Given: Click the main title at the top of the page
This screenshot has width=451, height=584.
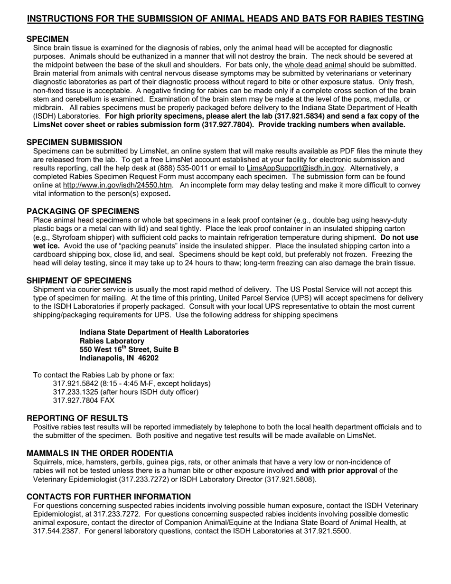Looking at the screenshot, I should coord(225,19).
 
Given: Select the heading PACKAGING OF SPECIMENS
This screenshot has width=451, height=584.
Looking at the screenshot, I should coord(83,211).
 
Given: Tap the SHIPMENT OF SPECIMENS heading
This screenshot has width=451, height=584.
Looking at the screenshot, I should coord(79,281).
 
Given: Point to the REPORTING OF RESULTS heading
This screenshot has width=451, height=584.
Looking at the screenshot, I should coord(77,418).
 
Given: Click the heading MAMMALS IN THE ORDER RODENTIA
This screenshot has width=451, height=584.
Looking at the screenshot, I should coord(100,453).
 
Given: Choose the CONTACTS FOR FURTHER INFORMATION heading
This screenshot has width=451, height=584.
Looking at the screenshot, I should coord(109,497).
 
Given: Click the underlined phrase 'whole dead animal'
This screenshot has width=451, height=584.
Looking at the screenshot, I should coord(315,65).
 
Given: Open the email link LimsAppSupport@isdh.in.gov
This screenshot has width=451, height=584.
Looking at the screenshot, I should coord(295,169).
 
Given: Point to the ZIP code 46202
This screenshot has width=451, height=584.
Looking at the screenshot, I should coord(148,358).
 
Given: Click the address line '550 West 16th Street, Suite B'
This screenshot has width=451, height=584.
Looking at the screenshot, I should coord(129,349).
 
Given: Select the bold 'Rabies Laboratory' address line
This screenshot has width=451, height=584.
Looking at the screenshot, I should coord(112,341).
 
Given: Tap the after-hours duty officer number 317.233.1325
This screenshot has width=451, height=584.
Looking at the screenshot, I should coord(75,392).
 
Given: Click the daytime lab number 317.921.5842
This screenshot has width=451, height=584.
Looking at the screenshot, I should coord(75,384).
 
